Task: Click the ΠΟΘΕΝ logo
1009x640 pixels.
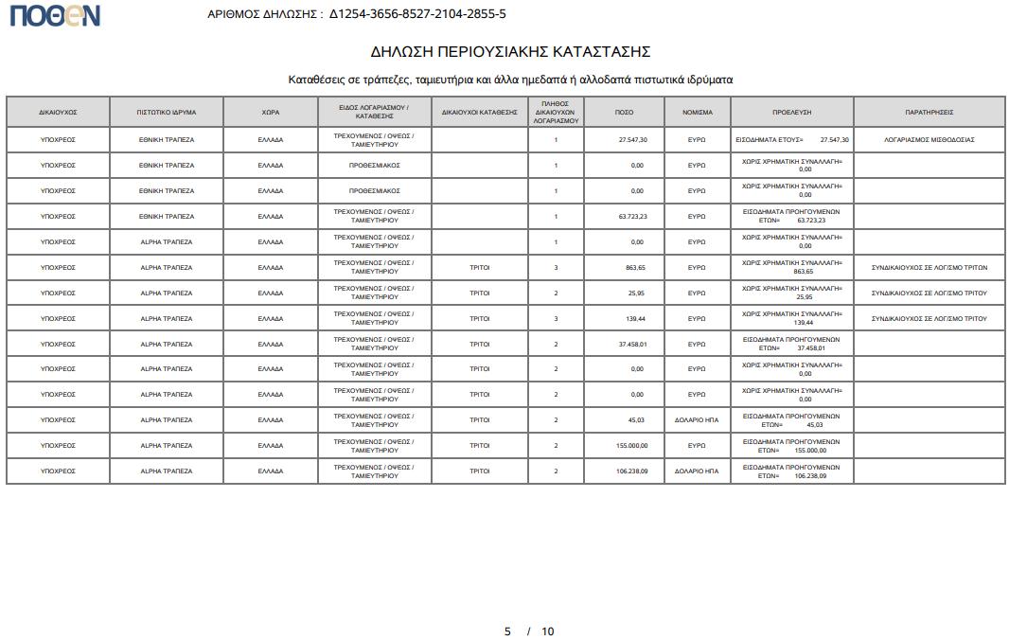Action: pos(54,15)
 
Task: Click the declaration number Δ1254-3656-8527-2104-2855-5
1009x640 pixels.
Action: pos(417,14)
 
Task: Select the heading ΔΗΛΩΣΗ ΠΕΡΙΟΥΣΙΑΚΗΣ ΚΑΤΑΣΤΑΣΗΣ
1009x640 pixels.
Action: pos(510,51)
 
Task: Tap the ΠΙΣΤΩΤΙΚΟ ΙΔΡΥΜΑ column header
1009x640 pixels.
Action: pos(167,112)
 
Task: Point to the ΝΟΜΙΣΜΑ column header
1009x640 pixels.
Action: pos(697,112)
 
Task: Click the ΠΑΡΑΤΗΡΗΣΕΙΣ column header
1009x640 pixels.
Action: pos(929,112)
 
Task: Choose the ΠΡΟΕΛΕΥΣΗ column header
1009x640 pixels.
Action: pos(791,112)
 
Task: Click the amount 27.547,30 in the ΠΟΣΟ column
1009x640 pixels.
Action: pos(632,139)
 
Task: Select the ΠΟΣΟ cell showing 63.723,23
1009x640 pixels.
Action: pos(632,216)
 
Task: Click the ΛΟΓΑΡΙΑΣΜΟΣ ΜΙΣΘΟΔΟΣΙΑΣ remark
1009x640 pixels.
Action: pos(929,139)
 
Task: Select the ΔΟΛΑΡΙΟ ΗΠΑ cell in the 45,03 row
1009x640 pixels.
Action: pos(697,419)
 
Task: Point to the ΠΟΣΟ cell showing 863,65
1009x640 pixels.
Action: pos(633,267)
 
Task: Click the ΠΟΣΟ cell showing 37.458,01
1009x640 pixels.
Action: pos(632,344)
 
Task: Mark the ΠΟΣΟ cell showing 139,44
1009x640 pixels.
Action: pos(633,318)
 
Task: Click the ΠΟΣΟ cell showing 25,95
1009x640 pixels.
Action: pos(634,293)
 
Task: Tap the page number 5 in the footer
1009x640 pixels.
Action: pos(507,631)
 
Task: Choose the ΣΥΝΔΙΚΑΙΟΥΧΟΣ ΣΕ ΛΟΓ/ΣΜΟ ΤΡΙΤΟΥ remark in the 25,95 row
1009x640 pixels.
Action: pos(929,293)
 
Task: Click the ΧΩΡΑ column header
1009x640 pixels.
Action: pos(271,112)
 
